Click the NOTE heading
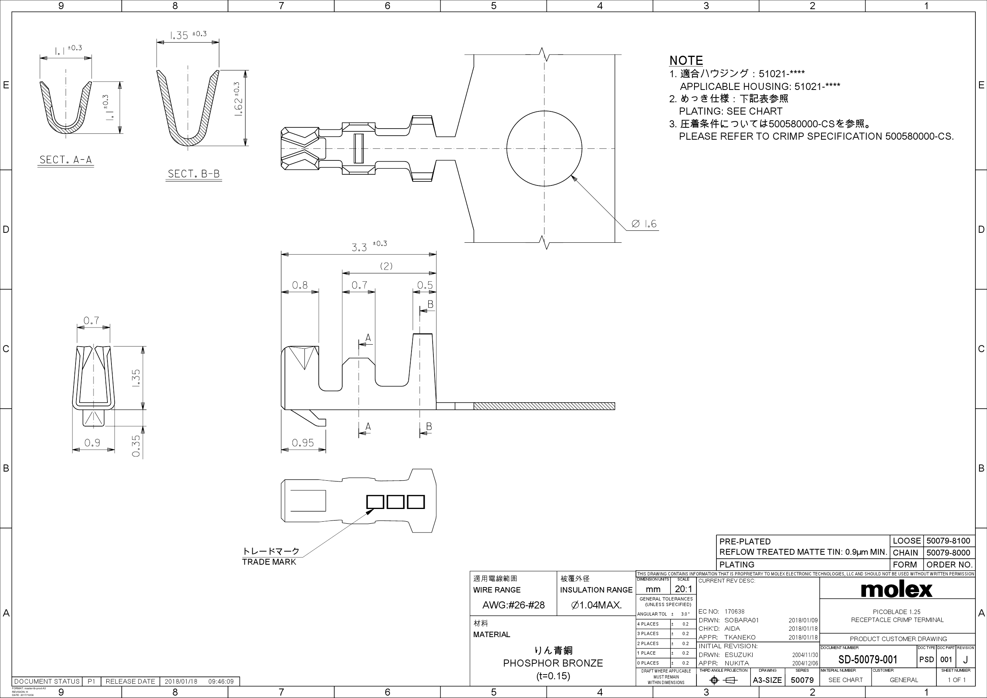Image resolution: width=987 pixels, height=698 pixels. click(686, 60)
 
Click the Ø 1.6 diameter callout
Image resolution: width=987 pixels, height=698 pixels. click(644, 224)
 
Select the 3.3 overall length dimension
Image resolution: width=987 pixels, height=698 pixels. click(359, 248)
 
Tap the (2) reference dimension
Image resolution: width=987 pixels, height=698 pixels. click(386, 266)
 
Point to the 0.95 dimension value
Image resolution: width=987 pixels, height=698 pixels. click(302, 443)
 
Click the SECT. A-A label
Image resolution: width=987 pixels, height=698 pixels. click(65, 160)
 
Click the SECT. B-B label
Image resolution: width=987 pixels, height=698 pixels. click(193, 174)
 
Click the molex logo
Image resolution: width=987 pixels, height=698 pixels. click(896, 589)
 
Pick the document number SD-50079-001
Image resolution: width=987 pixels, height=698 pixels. click(868, 659)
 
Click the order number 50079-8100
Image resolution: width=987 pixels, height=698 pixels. click(948, 541)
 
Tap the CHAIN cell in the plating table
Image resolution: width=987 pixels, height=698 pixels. click(905, 553)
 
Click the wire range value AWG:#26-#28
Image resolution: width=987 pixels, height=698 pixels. click(513, 605)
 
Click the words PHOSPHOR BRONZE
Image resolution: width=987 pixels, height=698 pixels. click(552, 663)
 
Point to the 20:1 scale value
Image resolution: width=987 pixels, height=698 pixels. click(683, 589)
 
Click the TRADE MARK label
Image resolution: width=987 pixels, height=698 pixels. click(269, 562)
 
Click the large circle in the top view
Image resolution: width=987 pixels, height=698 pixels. click(544, 149)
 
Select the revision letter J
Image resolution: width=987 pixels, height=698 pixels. click(965, 660)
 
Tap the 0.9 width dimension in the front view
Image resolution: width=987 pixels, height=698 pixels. click(92, 443)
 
